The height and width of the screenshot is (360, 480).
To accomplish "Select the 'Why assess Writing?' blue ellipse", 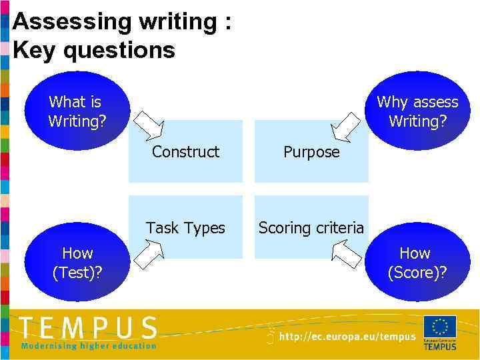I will (417, 111).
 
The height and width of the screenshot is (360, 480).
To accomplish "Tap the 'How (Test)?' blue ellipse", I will (77, 262).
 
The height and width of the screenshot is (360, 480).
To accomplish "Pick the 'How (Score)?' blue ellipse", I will (416, 262).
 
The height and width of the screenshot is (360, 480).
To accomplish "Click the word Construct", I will (185, 152).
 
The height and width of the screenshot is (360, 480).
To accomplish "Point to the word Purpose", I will (311, 152).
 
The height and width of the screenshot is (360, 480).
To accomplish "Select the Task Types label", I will (185, 228).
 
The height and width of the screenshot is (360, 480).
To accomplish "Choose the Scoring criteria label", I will (311, 228).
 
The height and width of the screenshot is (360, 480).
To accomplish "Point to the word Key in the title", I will (35, 50).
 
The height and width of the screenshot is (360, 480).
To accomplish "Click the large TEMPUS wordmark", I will (89, 329).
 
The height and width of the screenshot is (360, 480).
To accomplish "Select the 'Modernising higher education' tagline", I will (89, 346).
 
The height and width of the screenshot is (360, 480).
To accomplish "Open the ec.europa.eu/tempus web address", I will (347, 337).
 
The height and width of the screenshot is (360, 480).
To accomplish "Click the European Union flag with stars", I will (440, 327).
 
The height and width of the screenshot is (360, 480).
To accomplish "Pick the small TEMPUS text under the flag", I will (440, 346).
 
